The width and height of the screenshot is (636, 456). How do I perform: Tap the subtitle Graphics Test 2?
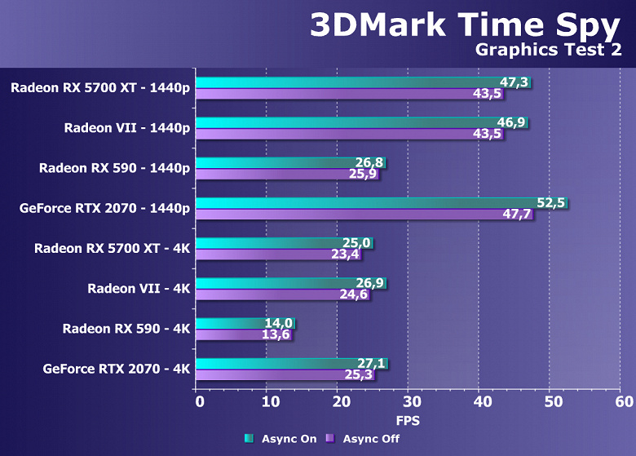[550, 51]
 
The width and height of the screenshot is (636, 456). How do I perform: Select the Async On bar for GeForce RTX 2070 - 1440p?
[367, 202]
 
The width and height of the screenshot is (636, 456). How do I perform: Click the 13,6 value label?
[276, 334]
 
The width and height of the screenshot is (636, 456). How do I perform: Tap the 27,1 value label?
[372, 362]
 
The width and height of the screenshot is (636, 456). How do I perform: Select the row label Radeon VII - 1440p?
[127, 127]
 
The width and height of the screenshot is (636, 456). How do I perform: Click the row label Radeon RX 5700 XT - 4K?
[112, 248]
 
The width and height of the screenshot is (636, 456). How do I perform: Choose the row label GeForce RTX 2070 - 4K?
[117, 369]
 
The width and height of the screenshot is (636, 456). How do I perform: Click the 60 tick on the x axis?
[624, 401]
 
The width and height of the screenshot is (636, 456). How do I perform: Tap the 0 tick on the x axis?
[199, 401]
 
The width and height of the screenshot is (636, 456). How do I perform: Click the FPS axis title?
[408, 420]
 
